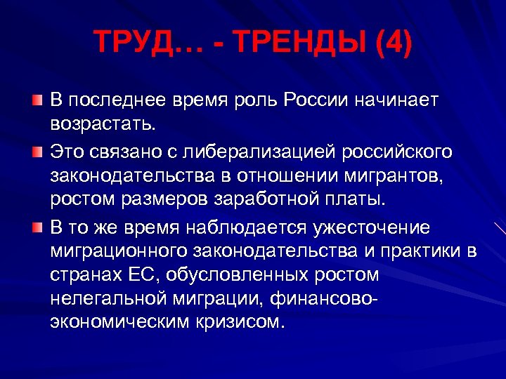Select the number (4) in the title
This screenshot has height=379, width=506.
click(x=391, y=44)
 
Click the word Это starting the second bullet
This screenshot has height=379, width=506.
click(x=71, y=152)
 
